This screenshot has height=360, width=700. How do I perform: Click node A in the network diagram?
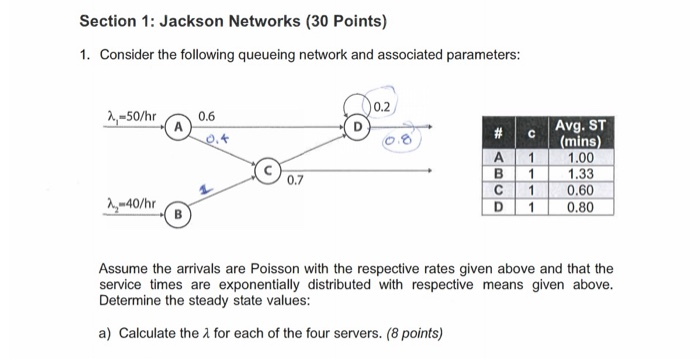click(177, 128)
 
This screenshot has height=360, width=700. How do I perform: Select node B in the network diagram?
click(178, 213)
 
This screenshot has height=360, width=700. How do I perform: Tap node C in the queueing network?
click(268, 171)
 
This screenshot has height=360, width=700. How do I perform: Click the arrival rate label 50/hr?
click(133, 116)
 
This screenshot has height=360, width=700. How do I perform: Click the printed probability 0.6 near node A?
click(207, 116)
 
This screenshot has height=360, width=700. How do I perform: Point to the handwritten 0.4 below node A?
click(215, 141)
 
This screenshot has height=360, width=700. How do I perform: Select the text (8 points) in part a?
click(412, 333)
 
